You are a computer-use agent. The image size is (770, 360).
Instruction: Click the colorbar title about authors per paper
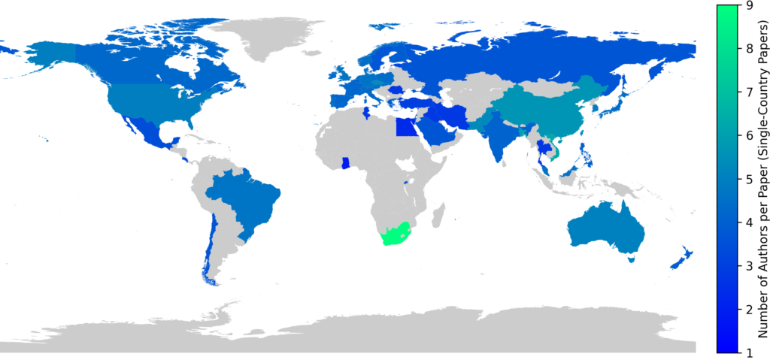coord(760,179)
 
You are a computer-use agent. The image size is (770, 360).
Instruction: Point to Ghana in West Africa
coord(345,163)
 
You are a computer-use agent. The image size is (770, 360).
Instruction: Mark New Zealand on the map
coord(681,259)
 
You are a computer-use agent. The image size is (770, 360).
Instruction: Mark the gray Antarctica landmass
coord(376,331)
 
